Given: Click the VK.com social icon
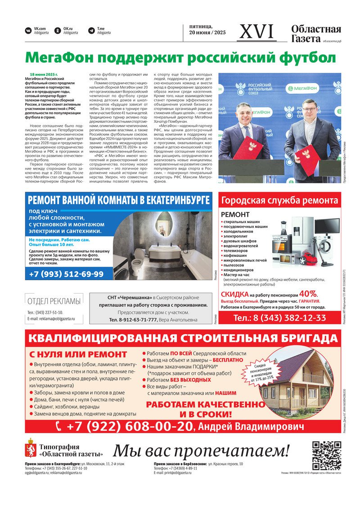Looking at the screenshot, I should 28,31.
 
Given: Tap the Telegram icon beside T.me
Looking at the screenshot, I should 91,31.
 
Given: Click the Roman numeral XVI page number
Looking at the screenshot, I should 256,31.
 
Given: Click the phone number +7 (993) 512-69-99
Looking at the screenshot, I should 66,274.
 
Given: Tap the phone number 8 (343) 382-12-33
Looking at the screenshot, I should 279,318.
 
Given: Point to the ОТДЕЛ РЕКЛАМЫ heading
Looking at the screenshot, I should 54,301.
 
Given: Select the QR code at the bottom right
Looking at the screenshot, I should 326,456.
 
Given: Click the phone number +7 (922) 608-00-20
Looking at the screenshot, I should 125,426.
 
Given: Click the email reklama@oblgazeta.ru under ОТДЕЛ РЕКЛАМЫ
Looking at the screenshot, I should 57,318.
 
